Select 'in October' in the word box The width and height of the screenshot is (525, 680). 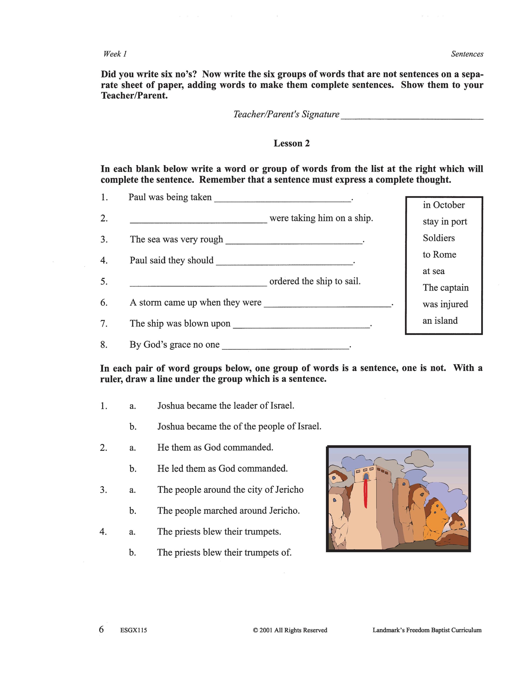(x=444, y=205)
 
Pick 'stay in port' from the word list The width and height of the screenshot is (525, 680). (x=445, y=221)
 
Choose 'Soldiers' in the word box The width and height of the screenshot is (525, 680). (x=439, y=238)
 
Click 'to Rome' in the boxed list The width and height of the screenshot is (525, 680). (x=439, y=254)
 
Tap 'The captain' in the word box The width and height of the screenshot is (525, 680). (x=445, y=287)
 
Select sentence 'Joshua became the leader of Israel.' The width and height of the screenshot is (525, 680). (x=226, y=406)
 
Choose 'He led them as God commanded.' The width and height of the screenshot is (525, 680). (x=222, y=469)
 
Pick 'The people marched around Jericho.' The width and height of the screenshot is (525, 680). (x=228, y=511)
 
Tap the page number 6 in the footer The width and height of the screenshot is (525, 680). (x=101, y=629)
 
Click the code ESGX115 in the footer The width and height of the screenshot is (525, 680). (x=134, y=630)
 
